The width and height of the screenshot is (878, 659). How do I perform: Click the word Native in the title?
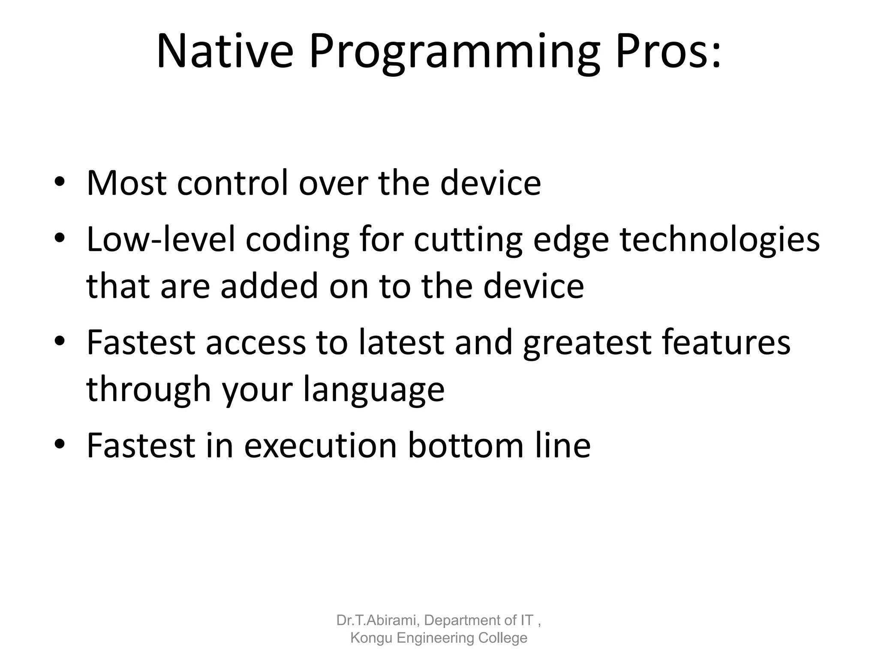coord(225,52)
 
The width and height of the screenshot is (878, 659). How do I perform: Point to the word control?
coord(232,183)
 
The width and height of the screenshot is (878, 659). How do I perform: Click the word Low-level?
coord(161,239)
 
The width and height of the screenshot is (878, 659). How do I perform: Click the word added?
coord(270,286)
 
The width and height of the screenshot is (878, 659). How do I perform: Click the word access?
coord(256,343)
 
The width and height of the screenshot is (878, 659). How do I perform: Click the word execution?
coord(321,445)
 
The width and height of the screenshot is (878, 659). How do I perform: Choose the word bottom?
coord(466,445)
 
